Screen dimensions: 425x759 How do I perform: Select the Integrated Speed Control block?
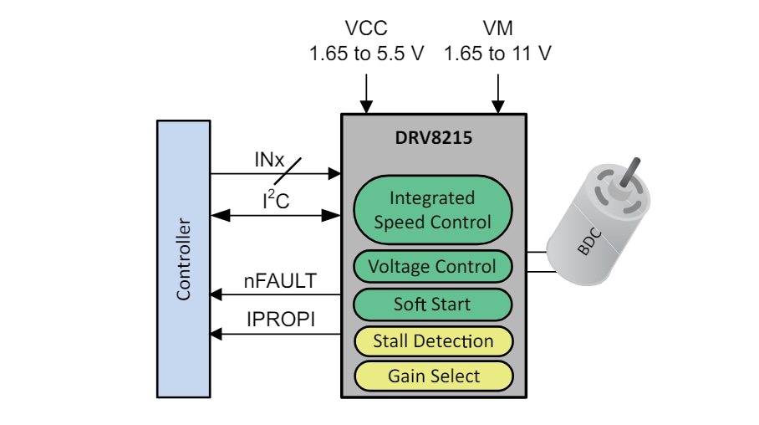click(432, 210)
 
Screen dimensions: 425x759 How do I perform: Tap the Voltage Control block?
click(432, 267)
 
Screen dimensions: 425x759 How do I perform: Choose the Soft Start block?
click(432, 305)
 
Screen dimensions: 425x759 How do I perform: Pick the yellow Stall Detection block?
click(432, 341)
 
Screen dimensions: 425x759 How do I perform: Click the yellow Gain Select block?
click(432, 376)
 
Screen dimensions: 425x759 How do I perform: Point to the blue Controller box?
click(183, 259)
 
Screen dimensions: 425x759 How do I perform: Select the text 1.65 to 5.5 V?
click(366, 54)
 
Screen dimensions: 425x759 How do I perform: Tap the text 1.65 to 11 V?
click(497, 54)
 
